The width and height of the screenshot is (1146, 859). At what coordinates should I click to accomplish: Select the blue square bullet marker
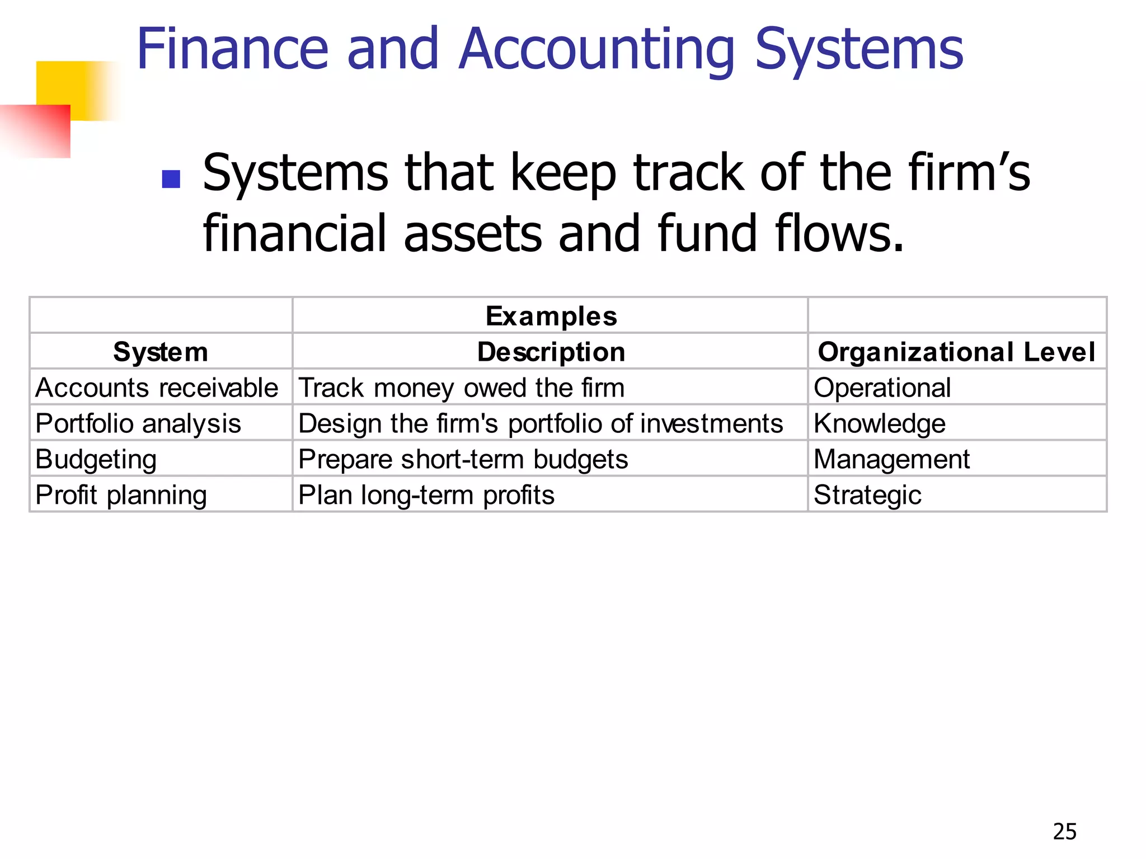pos(171,179)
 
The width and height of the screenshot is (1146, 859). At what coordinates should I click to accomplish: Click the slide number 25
pos(1064,832)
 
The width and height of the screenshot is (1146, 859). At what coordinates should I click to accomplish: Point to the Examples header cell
pos(551,316)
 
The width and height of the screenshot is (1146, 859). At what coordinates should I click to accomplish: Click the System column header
pos(161,352)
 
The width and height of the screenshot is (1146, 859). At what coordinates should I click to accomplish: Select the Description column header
pos(551,352)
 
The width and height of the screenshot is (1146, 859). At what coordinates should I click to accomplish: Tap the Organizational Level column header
pos(956,352)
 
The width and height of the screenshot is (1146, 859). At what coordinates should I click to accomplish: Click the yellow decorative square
pos(78,84)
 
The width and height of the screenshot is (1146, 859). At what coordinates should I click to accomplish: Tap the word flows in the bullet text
pos(839,233)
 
